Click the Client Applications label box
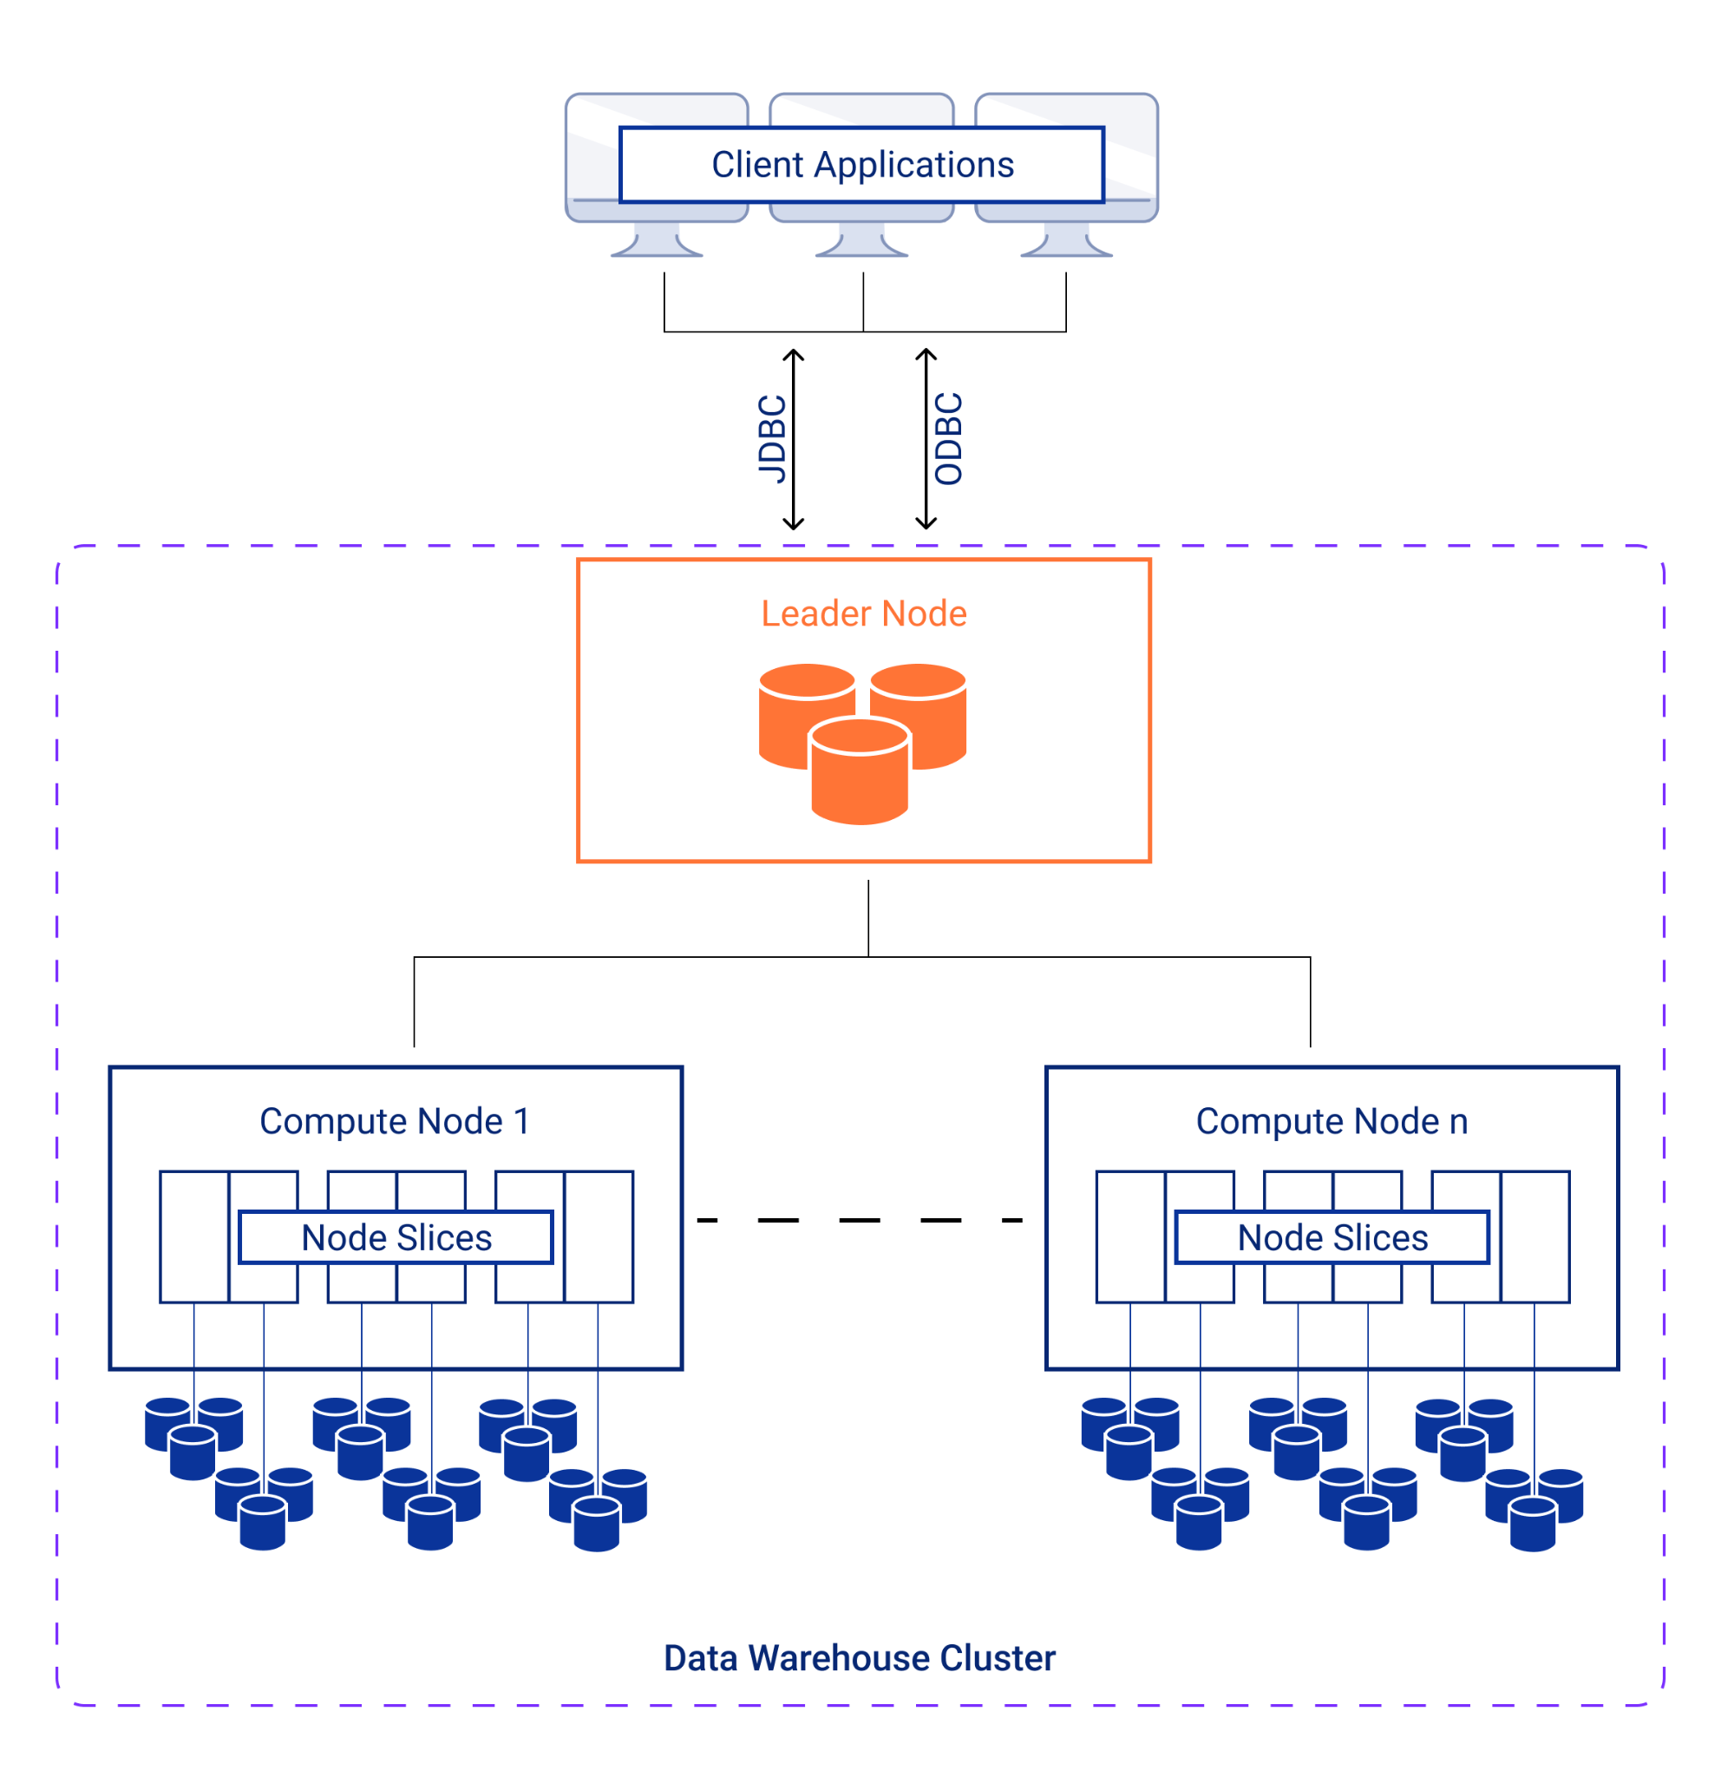point(861,165)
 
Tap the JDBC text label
point(772,439)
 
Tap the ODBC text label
point(948,439)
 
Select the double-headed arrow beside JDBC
point(793,439)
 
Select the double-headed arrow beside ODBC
point(926,439)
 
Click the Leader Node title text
point(863,613)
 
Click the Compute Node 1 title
point(394,1122)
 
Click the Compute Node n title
point(1331,1122)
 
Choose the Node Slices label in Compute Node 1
point(396,1237)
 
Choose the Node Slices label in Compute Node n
point(1332,1237)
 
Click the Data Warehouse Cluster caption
point(859,1657)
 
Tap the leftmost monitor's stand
point(656,242)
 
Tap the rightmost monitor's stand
point(1066,242)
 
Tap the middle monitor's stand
point(861,242)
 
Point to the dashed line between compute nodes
point(859,1220)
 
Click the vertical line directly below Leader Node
point(867,917)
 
